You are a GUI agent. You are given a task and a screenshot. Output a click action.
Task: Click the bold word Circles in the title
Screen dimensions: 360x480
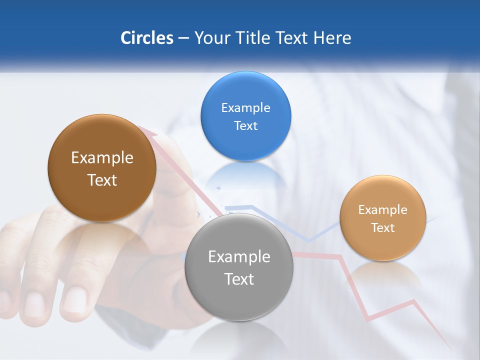tap(147, 38)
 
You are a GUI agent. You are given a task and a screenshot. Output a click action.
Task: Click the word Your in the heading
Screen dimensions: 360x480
tap(210, 38)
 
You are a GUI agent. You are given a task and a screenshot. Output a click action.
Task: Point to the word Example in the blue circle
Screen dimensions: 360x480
tap(245, 107)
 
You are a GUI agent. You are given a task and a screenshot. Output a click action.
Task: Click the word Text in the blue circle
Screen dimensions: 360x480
tap(245, 125)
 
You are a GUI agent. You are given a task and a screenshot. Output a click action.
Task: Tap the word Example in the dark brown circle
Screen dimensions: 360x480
tap(102, 158)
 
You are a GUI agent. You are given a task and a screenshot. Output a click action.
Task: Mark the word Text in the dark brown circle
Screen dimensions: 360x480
tap(102, 180)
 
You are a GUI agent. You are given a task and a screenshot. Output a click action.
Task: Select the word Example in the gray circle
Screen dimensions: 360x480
tap(239, 256)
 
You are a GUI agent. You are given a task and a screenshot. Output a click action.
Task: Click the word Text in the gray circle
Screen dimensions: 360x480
tap(239, 279)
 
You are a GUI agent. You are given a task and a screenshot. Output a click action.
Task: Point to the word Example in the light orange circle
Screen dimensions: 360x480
tap(382, 209)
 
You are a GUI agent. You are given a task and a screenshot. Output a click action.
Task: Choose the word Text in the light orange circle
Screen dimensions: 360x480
tap(383, 227)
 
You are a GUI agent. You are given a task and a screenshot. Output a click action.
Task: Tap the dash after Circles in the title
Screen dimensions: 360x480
tap(183, 38)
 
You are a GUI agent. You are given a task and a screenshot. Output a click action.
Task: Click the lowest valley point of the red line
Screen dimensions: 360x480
tap(367, 319)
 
